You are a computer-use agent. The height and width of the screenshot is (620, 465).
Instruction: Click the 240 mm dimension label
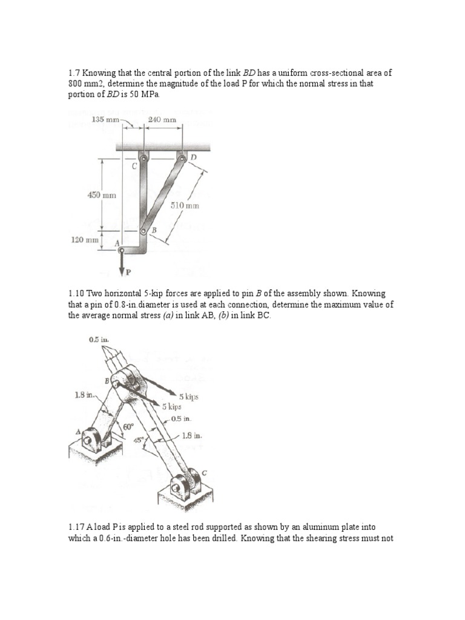click(x=162, y=119)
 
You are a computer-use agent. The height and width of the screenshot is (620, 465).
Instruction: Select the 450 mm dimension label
click(x=101, y=195)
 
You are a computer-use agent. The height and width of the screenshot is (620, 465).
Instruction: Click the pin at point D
click(x=181, y=156)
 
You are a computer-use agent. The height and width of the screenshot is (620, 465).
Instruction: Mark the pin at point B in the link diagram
click(x=144, y=231)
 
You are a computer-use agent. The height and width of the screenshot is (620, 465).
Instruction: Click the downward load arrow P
click(x=122, y=264)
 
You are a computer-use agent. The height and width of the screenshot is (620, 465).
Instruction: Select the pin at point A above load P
click(x=122, y=250)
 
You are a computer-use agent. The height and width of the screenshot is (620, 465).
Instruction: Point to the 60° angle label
click(x=128, y=426)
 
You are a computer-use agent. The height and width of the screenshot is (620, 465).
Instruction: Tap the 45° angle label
click(x=138, y=440)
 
